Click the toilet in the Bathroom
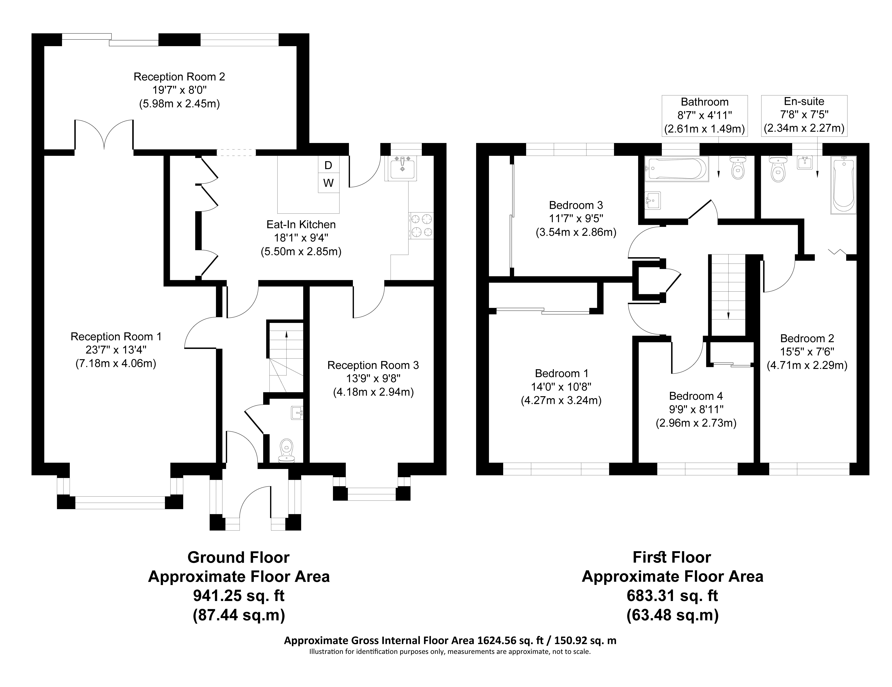737,168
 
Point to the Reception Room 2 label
179,77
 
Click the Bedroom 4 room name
696,396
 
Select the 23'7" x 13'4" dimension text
116,350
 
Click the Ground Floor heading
239,557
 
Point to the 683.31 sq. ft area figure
672,596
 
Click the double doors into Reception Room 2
104,135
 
